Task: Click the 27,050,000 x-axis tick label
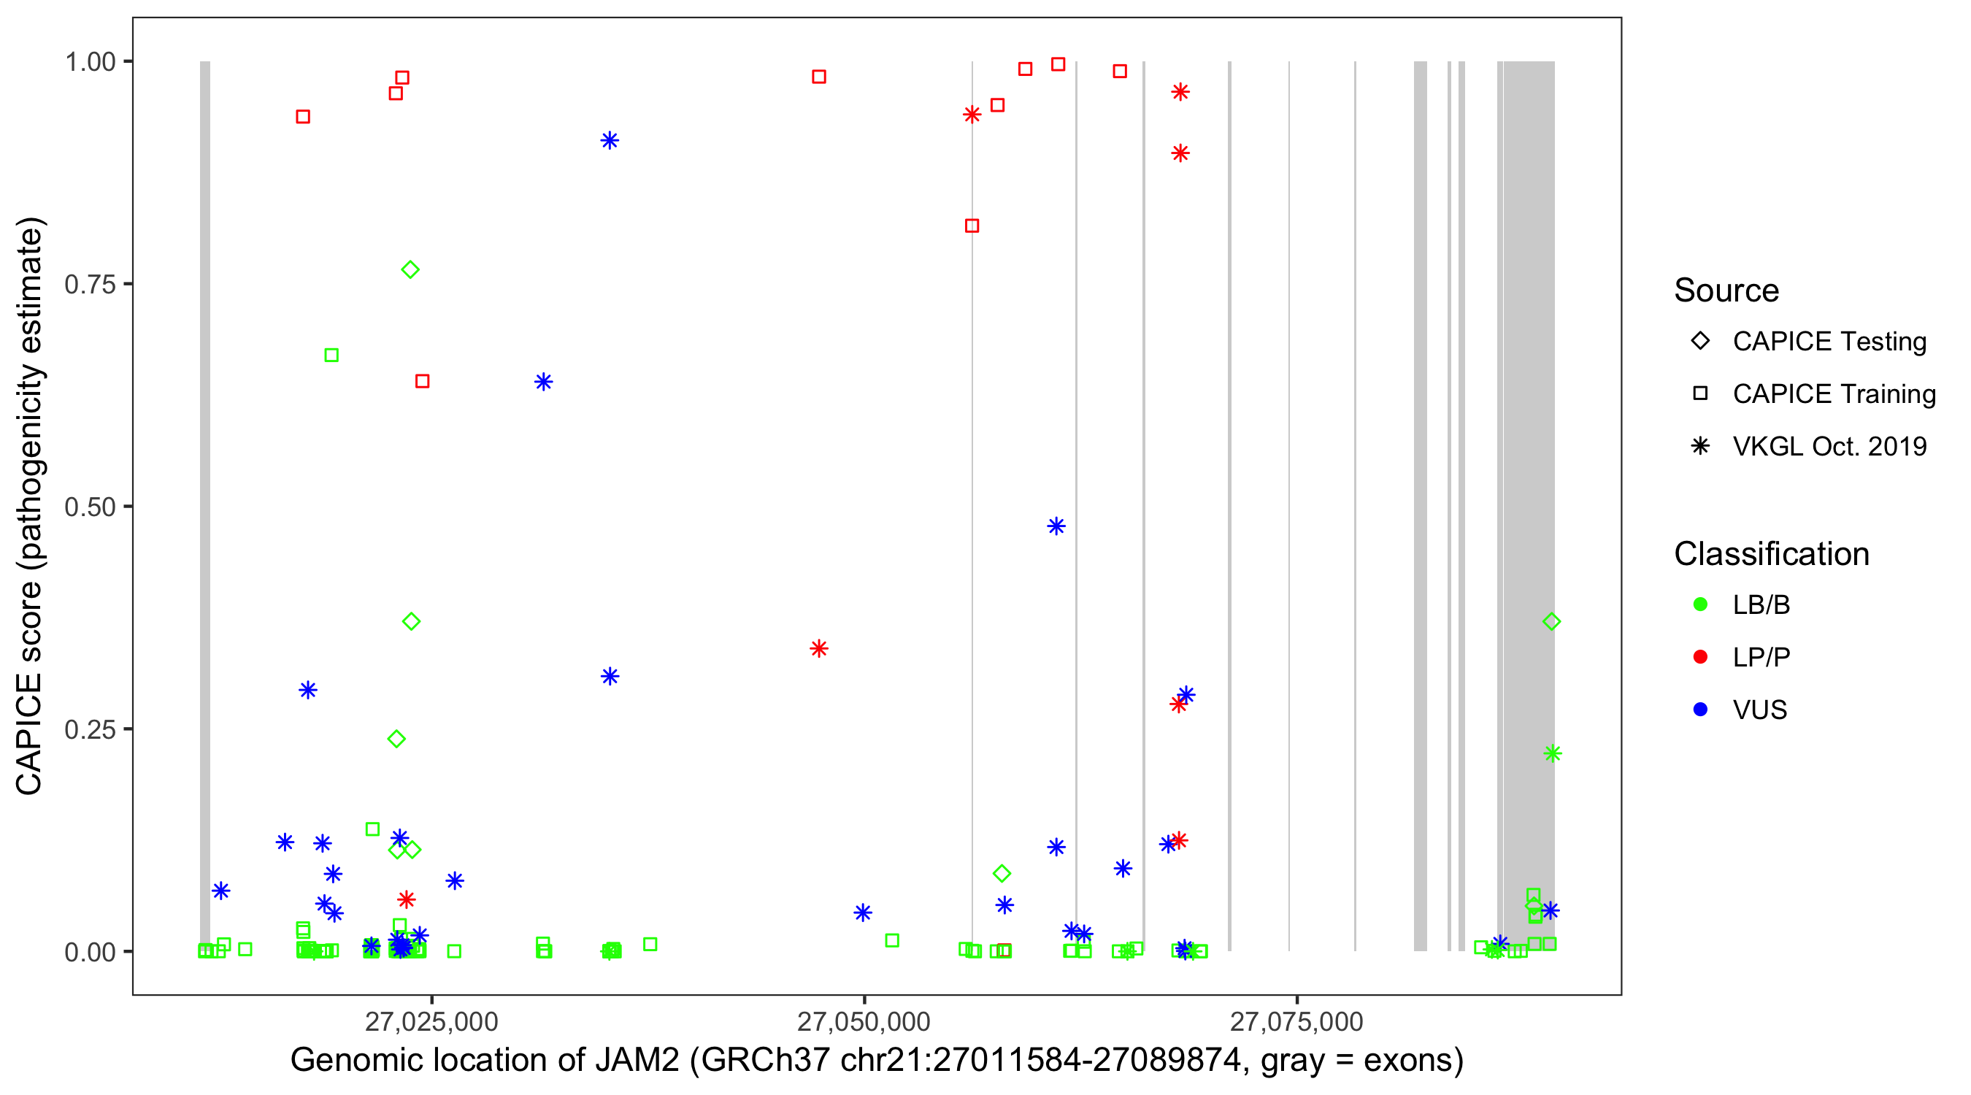click(863, 1021)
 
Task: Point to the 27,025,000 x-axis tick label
click(431, 1021)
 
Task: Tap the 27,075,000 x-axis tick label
click(1296, 1021)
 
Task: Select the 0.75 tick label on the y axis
click(90, 284)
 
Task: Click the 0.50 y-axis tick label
click(90, 507)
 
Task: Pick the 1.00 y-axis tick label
click(90, 61)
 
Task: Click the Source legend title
click(1726, 291)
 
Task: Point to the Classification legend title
click(1771, 554)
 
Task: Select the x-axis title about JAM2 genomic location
click(877, 1061)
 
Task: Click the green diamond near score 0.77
click(410, 270)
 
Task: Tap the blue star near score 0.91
click(610, 141)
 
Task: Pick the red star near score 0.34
click(819, 649)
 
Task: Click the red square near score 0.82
click(972, 226)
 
